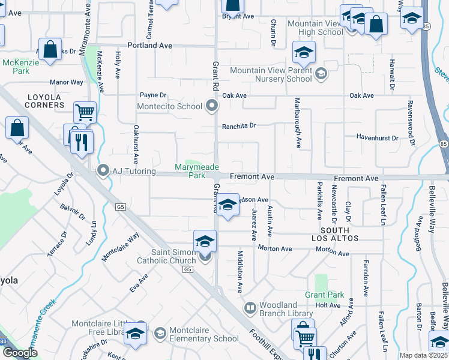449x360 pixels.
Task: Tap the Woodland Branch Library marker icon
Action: pos(250,308)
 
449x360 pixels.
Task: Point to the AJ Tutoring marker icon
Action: pos(103,172)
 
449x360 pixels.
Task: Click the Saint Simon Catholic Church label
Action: pos(166,256)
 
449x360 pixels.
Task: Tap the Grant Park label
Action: pos(325,295)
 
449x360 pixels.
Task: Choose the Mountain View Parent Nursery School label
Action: pos(271,74)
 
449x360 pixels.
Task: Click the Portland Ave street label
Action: pos(150,46)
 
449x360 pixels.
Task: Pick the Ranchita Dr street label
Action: pos(239,126)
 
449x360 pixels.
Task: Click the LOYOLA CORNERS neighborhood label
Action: pos(44,101)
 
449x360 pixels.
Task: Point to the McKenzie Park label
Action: pos(16,67)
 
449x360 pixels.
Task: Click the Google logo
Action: pos(20,353)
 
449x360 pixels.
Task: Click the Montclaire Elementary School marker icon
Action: pos(160,333)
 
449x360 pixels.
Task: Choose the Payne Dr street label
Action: pos(152,95)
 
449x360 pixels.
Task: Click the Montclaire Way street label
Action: pos(120,246)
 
